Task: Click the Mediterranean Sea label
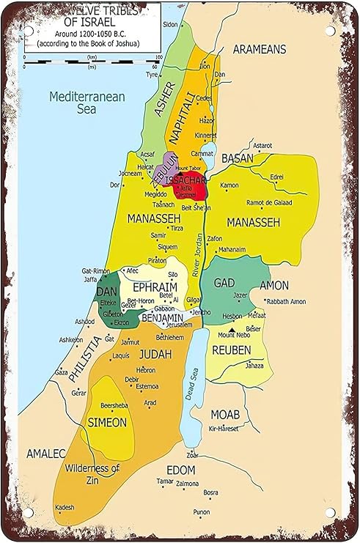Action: point(87,103)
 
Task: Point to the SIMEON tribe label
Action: point(107,422)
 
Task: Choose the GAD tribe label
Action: point(224,283)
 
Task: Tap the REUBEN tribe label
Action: point(231,350)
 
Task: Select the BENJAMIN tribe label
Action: point(162,318)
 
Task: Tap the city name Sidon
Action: point(170,24)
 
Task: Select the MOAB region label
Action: point(226,414)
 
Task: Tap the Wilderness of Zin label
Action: point(92,473)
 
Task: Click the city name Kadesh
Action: point(65,507)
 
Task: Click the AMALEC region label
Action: point(46,454)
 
